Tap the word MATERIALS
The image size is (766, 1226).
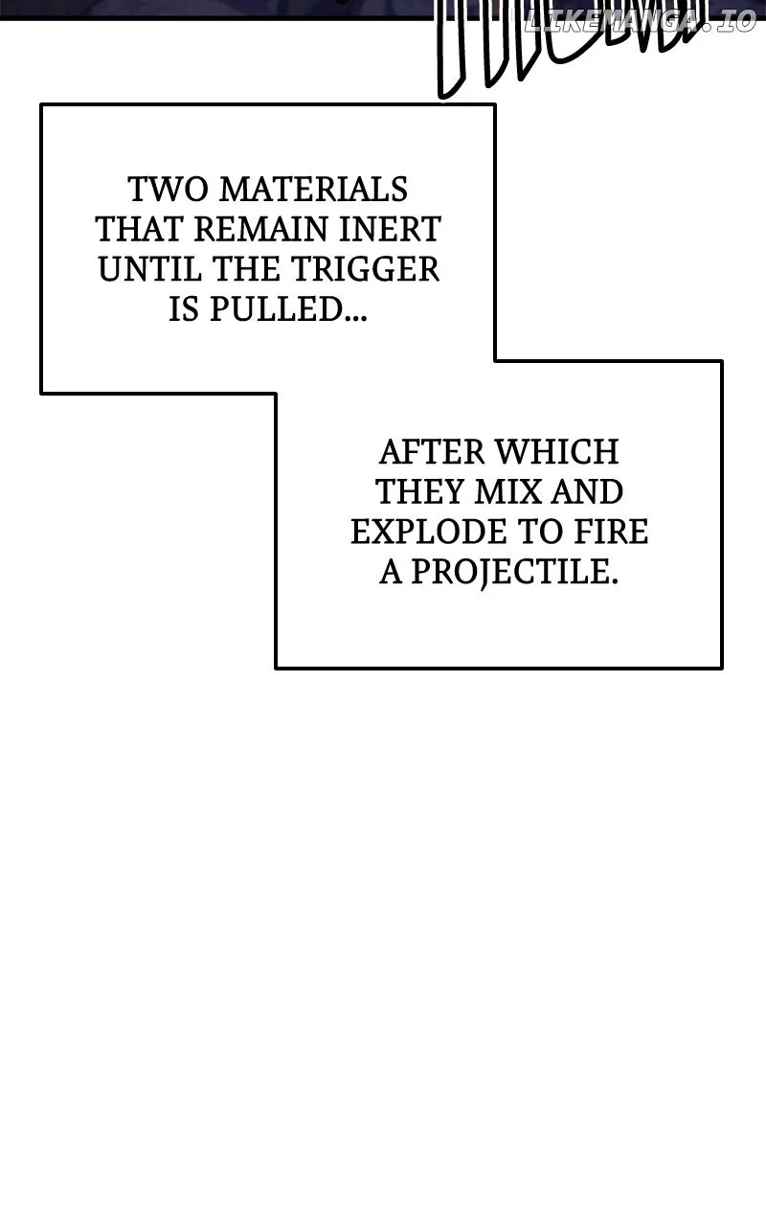click(x=314, y=190)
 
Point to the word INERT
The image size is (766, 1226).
click(x=390, y=229)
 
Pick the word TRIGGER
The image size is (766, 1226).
click(x=365, y=269)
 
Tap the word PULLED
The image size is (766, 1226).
click(x=288, y=309)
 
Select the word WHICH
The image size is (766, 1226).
click(x=557, y=452)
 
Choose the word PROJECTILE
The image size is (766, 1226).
click(x=515, y=573)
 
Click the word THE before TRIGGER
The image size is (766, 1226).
click(x=246, y=269)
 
